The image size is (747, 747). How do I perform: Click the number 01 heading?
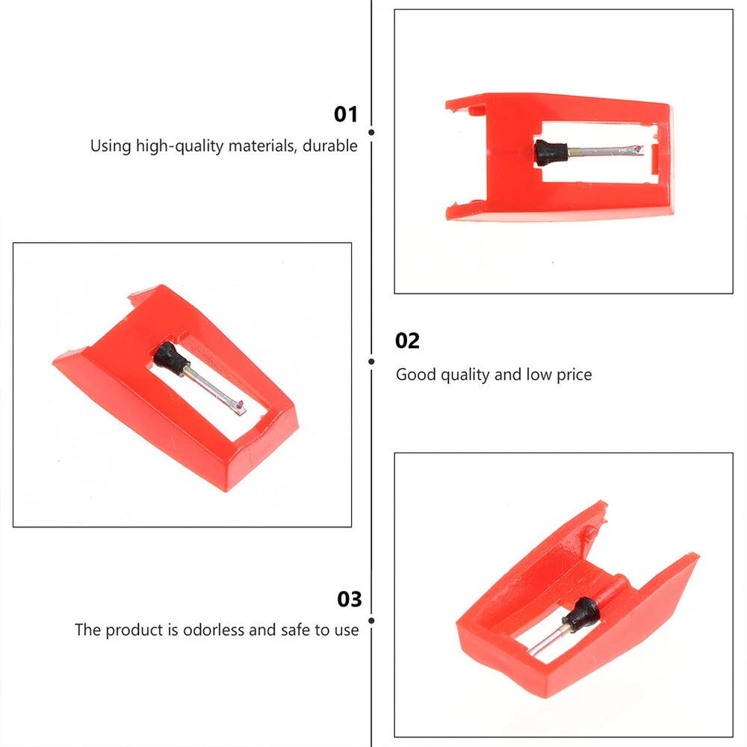(345, 114)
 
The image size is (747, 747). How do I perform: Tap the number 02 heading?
(407, 341)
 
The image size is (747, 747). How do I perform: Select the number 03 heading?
(349, 599)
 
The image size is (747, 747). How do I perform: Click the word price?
(574, 375)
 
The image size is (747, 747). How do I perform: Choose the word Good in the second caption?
(416, 374)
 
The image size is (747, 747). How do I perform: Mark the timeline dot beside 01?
(371, 132)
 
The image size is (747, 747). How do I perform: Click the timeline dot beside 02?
(371, 362)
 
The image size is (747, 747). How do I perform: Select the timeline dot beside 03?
(371, 621)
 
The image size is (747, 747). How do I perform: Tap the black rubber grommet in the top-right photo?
(551, 152)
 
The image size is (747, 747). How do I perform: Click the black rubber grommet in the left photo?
(170, 357)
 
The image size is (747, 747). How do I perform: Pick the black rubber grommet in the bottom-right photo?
(582, 613)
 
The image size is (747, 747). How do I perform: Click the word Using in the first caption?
(111, 146)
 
